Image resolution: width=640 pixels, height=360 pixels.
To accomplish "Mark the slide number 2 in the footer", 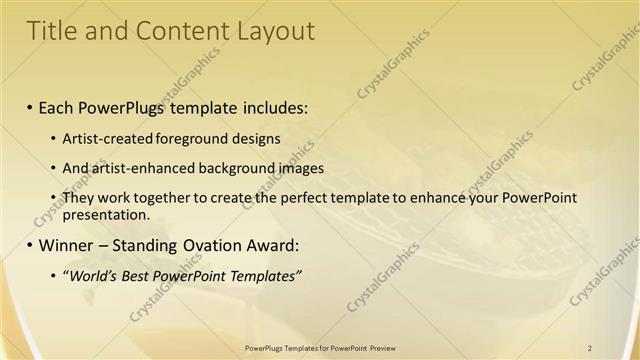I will pos(591,347).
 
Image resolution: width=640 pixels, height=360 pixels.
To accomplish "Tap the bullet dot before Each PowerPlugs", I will pos(30,105).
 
